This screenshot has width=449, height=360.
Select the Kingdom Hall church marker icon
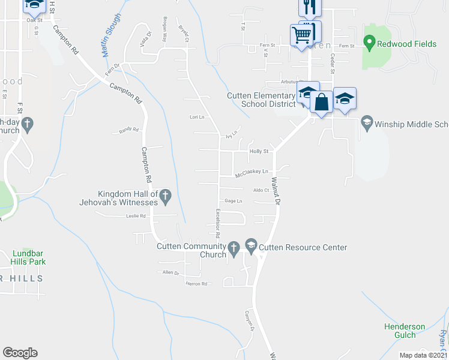click(x=166, y=195)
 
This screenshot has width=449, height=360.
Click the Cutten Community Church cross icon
click(x=234, y=247)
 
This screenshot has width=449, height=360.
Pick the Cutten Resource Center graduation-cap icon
click(x=251, y=247)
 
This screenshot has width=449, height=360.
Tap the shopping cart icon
click(x=301, y=34)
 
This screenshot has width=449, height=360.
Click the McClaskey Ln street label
click(x=252, y=172)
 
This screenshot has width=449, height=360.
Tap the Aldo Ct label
click(x=261, y=190)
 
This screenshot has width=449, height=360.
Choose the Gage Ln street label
click(x=233, y=200)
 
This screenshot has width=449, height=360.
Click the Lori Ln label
click(x=197, y=117)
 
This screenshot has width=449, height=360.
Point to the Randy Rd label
click(x=129, y=130)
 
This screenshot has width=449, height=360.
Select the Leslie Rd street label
click(x=136, y=215)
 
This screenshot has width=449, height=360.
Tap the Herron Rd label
click(x=196, y=283)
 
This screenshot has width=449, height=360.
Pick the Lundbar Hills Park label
click(x=29, y=257)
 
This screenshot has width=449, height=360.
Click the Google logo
click(x=20, y=353)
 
